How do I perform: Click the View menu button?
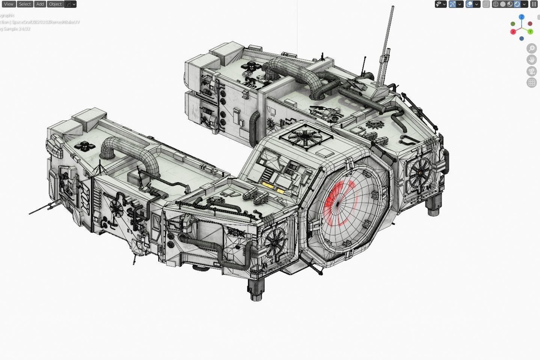pos(8,4)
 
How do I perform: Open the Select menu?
pos(25,4)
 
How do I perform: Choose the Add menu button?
pos(40,4)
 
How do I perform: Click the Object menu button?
pos(55,4)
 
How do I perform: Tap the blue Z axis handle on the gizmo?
pos(522,17)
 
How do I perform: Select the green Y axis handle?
pos(530,32)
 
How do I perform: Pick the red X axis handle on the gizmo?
pos(513,32)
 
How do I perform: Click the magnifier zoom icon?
pos(531,48)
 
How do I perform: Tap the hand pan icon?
pos(531,60)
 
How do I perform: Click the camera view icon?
pos(531,71)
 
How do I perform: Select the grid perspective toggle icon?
pos(531,83)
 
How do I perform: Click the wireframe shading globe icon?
pos(496,4)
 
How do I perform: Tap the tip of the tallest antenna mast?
pos(393,7)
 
